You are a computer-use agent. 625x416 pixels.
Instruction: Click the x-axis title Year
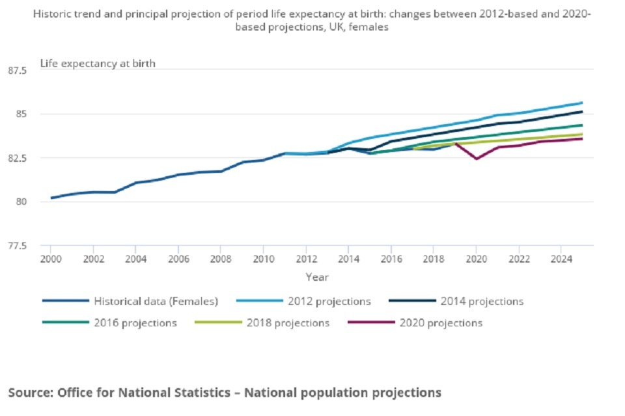317,277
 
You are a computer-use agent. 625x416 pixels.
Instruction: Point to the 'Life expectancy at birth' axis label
98,63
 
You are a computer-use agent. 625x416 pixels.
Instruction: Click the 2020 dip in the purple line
476,159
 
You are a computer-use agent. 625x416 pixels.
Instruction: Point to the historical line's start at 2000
51,198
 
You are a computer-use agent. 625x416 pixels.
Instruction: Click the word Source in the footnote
30,393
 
